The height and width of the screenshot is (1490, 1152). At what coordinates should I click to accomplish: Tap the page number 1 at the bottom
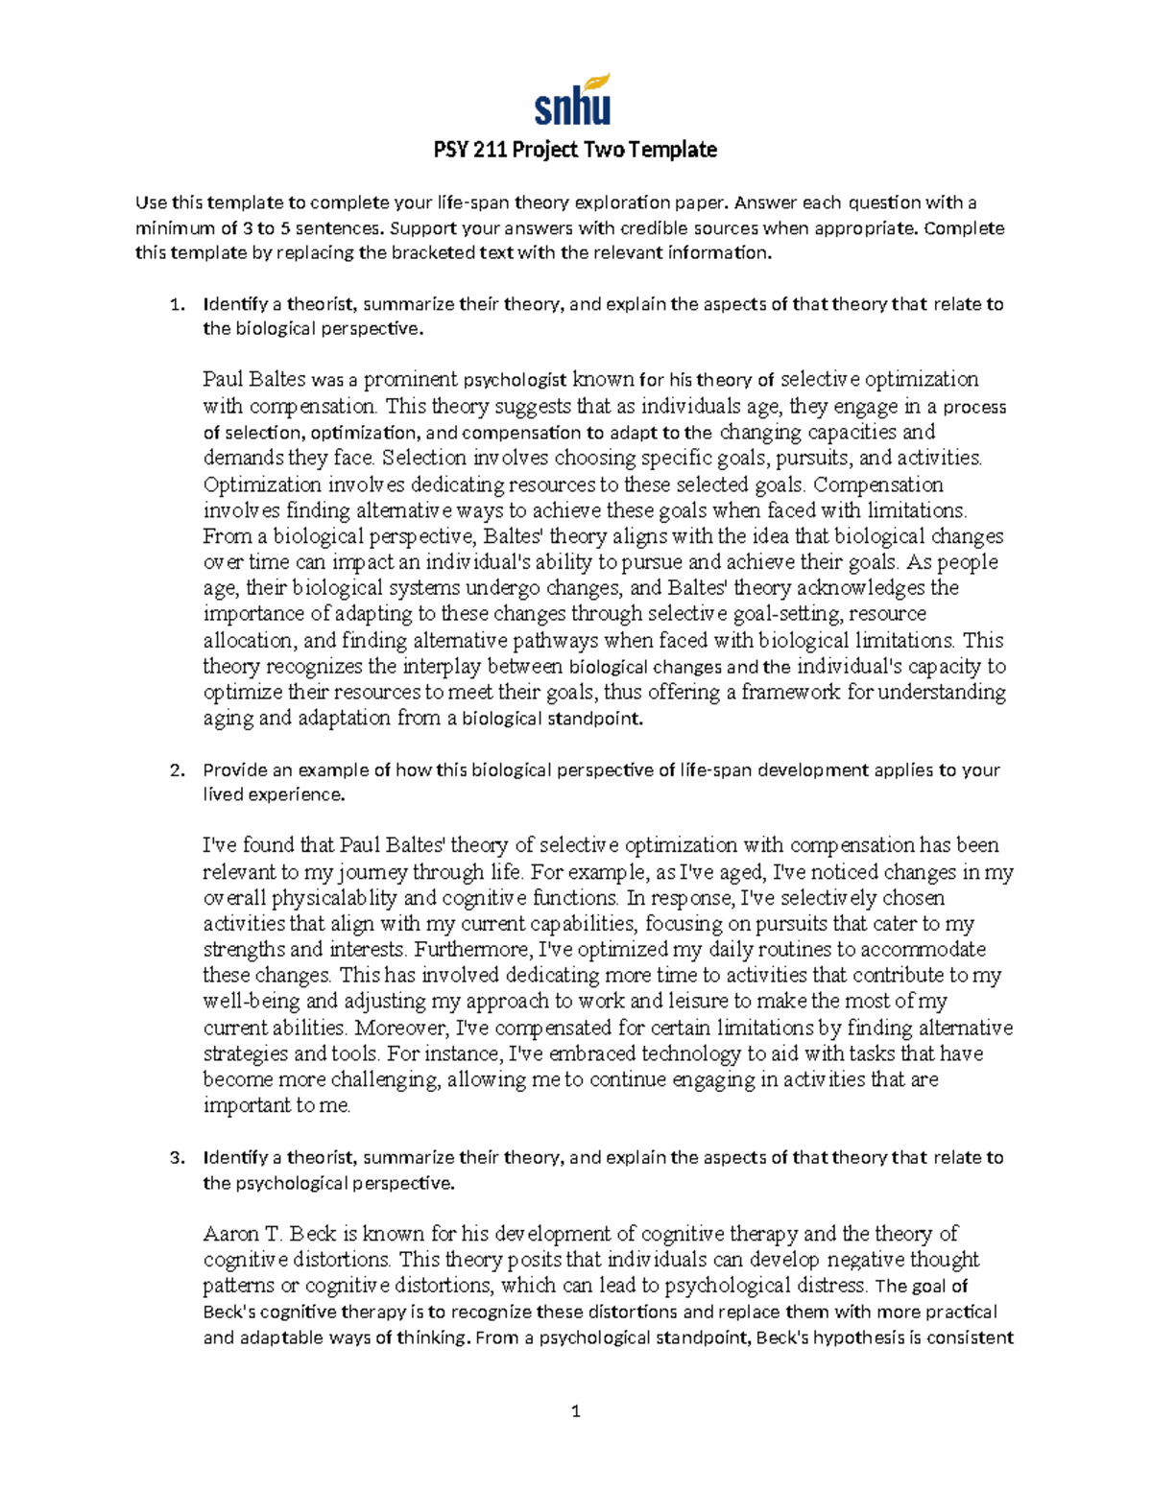pos(575,1410)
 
